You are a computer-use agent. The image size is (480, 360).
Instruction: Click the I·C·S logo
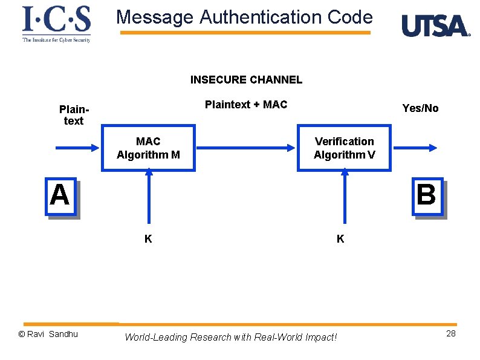click(56, 24)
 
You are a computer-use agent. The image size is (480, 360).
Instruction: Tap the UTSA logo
click(436, 26)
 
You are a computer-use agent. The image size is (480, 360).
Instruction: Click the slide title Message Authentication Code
click(244, 17)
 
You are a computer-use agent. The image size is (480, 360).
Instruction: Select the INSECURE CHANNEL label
click(246, 80)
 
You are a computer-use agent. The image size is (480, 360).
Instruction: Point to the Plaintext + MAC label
click(246, 105)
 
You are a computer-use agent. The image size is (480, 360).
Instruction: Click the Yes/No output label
click(420, 108)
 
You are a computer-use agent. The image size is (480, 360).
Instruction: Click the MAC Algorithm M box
click(148, 148)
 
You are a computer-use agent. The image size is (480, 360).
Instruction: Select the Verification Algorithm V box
click(344, 148)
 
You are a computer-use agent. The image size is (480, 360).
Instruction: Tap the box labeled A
click(60, 196)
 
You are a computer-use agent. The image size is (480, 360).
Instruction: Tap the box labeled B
click(427, 196)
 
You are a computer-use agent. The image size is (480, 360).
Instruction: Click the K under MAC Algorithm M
click(148, 239)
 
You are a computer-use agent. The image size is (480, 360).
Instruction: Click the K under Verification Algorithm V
click(340, 239)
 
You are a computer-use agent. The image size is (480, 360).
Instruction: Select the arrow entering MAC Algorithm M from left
click(77, 148)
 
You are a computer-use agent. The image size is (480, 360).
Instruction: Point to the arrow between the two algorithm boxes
click(246, 148)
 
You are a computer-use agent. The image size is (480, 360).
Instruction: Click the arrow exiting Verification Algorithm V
click(414, 148)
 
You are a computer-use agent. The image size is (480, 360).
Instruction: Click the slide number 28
click(450, 335)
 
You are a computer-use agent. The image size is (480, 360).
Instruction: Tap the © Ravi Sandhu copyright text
click(48, 335)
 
